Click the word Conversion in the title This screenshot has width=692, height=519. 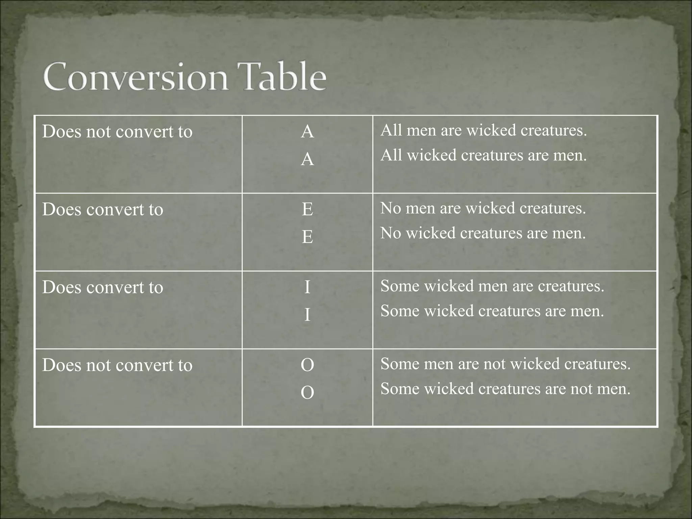point(135,77)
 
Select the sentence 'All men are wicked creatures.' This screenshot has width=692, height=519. point(484,130)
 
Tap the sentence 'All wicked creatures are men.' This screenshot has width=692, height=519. point(484,155)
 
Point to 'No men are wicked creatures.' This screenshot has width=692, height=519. point(483,208)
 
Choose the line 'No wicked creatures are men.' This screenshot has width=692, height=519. point(483,233)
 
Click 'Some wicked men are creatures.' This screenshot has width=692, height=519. point(492,286)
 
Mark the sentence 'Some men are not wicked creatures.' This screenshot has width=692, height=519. point(505,364)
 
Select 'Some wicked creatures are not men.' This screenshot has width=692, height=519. point(505,389)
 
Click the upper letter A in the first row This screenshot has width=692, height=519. point(307,131)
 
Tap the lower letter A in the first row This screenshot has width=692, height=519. point(307,159)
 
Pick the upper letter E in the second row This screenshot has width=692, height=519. point(307,209)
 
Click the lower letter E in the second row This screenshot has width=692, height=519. point(307,237)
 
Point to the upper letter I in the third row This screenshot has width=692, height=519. point(307,287)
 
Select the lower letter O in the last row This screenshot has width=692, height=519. point(307,393)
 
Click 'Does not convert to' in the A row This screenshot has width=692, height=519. point(117,131)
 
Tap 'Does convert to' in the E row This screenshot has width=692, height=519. point(103,209)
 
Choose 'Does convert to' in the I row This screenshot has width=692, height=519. point(103,287)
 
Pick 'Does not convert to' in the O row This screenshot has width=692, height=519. point(117,365)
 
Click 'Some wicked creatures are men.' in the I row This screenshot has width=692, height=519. point(492,311)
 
